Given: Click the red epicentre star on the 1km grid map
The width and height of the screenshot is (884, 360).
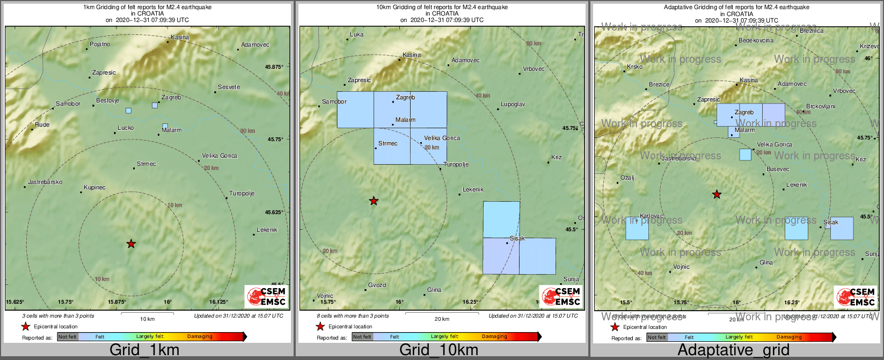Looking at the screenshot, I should click(x=131, y=244).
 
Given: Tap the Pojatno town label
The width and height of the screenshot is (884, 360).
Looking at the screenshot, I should click(x=100, y=45).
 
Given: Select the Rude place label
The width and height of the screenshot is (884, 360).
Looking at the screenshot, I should click(x=42, y=125).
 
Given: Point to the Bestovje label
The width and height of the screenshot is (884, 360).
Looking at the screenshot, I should click(x=107, y=101).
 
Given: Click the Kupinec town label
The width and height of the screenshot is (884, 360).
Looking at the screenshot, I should click(x=94, y=188).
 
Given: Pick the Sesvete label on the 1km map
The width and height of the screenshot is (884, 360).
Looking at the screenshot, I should click(x=229, y=87).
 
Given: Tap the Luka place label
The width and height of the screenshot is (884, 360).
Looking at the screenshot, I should click(x=356, y=35).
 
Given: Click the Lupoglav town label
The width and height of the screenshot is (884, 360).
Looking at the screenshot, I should click(x=513, y=105).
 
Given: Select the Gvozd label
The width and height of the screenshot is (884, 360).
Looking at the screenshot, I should click(x=377, y=285).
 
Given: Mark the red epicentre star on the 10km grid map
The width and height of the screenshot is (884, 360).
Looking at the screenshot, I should click(x=374, y=201).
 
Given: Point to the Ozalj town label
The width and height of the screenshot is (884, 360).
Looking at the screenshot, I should click(x=627, y=178).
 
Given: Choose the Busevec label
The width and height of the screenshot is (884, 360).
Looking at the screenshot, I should click(x=778, y=170).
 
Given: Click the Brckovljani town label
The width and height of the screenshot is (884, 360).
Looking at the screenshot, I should click(x=821, y=107).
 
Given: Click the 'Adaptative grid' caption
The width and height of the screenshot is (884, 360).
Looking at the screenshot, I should click(x=733, y=350).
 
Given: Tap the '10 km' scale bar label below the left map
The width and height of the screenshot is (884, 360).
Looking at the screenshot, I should click(x=147, y=319).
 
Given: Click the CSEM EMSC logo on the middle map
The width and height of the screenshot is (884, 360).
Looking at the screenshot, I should click(x=560, y=296).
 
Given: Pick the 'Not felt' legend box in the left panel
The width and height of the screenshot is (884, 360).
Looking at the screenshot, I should click(x=68, y=337).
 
